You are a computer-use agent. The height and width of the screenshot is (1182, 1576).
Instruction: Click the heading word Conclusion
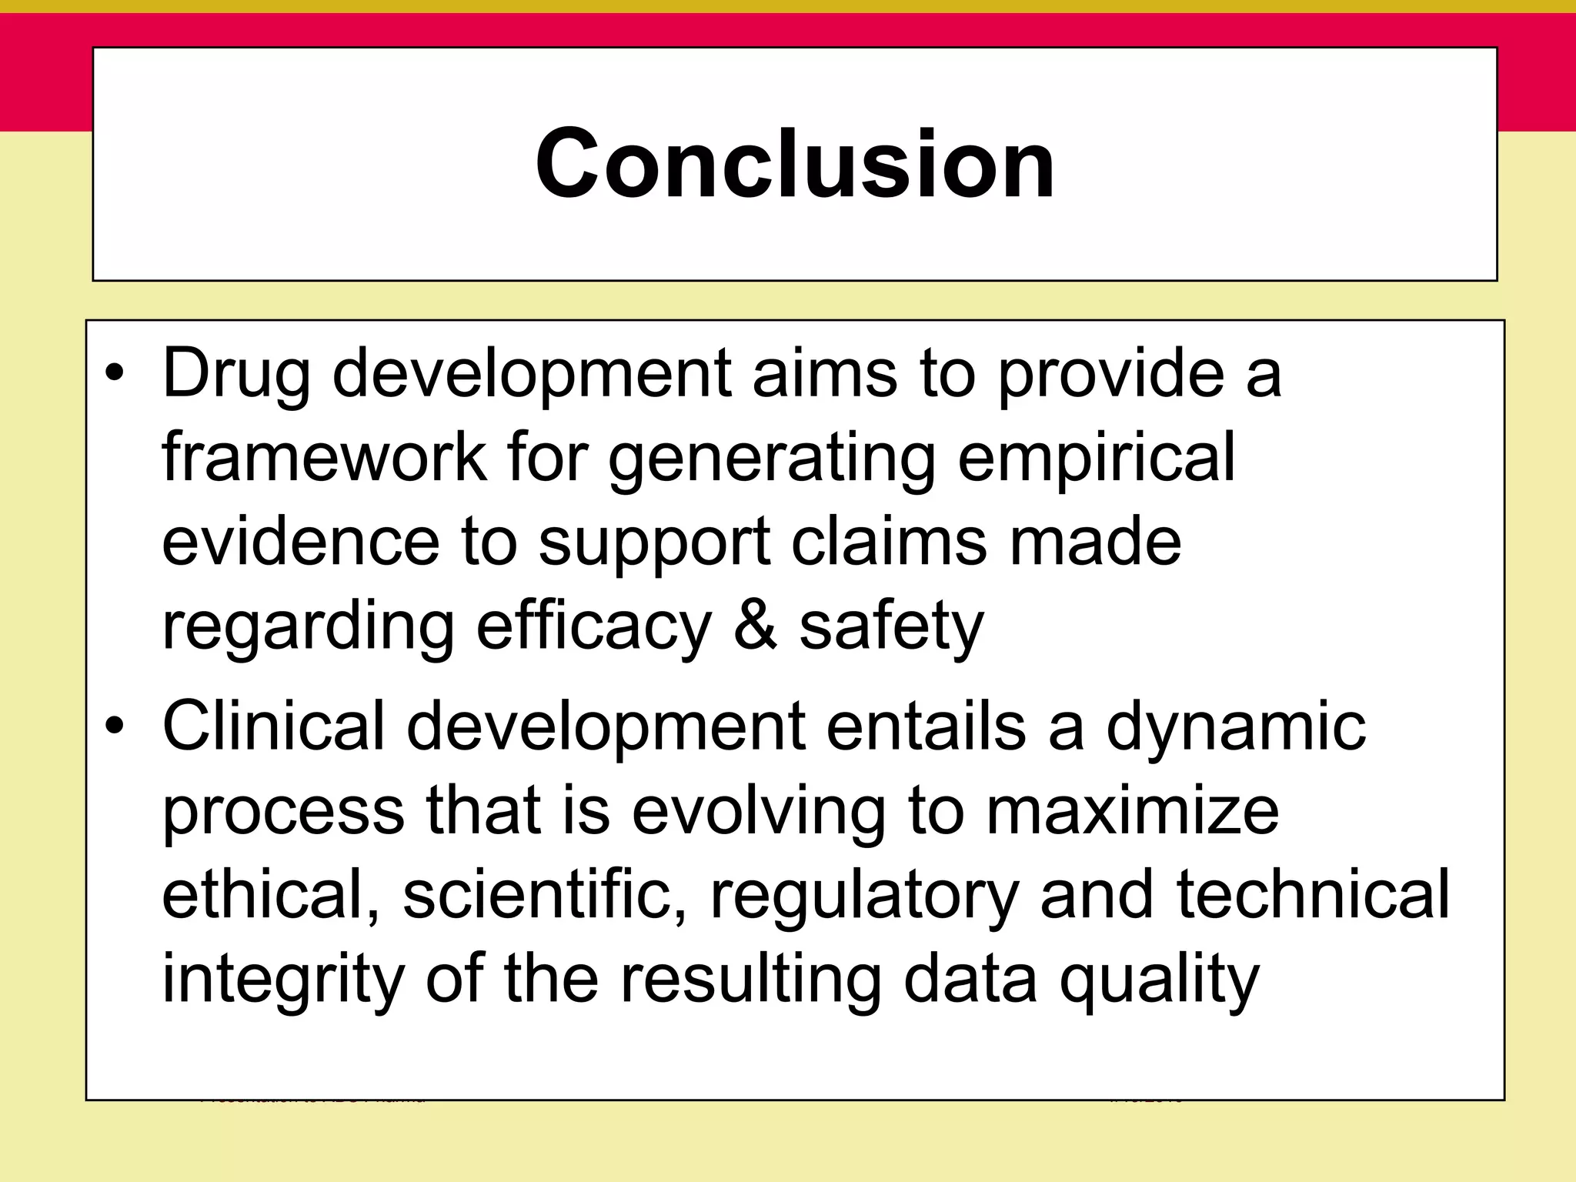point(795,164)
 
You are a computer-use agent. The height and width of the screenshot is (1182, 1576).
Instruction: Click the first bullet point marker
point(115,374)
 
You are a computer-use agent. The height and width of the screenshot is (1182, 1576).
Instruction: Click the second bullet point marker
point(115,726)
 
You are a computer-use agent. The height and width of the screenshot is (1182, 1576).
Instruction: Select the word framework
point(324,457)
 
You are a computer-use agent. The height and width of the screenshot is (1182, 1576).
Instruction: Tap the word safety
point(891,627)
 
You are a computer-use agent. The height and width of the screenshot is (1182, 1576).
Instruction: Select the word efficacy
point(593,627)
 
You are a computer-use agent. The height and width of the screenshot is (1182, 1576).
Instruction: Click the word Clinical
point(273,726)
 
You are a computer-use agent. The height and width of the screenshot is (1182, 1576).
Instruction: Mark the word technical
point(1312,894)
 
